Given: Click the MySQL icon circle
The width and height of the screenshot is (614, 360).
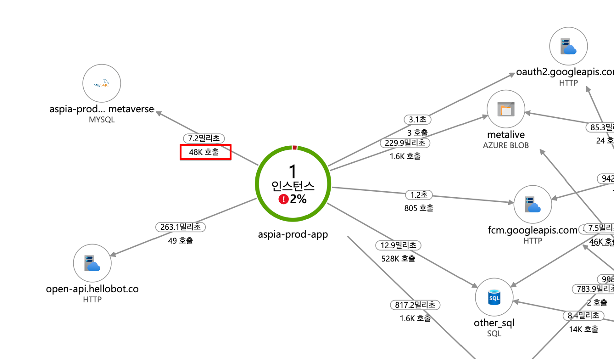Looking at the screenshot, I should click(102, 84).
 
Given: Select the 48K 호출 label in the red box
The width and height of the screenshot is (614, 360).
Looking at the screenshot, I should click(205, 152).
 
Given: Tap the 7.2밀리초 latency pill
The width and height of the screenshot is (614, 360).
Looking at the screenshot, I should click(204, 138).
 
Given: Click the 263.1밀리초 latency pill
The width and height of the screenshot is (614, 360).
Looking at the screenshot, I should click(180, 227).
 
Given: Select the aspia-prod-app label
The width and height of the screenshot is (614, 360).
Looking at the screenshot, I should click(293, 234).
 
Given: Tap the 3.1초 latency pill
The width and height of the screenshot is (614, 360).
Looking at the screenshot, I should click(417, 119).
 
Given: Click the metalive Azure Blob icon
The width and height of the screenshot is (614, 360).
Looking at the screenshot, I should click(506, 109).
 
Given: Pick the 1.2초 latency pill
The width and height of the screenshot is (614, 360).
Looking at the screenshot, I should click(418, 194).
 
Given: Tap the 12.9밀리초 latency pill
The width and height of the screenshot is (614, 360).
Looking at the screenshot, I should click(398, 245).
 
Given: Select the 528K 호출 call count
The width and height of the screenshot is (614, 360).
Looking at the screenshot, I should click(398, 259).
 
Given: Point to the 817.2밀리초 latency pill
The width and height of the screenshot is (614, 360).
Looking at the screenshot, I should click(415, 305).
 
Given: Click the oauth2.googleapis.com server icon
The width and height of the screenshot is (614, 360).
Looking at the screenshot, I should click(568, 46).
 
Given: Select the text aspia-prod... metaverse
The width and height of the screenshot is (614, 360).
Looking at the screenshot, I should click(102, 109).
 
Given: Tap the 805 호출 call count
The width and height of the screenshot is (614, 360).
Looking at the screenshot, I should click(418, 208).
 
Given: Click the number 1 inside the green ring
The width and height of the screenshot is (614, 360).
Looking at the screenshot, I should click(293, 171).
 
